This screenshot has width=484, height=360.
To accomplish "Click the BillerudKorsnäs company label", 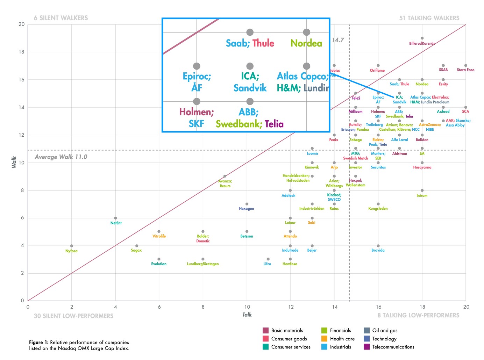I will click(422, 44).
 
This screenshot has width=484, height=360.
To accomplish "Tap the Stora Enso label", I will click(465, 70).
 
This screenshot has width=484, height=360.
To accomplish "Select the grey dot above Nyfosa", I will click(72, 246).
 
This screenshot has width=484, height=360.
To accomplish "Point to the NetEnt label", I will click(116, 223).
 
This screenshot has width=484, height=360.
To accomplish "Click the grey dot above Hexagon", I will click(247, 204).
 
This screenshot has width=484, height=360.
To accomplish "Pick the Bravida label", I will click(378, 250).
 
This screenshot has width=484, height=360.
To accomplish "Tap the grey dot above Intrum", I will click(422, 190).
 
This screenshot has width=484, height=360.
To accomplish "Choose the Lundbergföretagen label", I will click(203, 264).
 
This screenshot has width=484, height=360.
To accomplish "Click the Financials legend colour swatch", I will click(324, 330).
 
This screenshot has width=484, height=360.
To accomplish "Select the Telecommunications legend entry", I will click(393, 347).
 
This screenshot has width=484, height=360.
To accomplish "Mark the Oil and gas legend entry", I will click(385, 330).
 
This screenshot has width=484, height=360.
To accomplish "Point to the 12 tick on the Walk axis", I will click(22, 135).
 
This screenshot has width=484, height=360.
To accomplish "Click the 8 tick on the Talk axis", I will click(203, 307).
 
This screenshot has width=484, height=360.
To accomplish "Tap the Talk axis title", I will click(247, 315).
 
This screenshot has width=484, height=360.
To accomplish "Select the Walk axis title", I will click(14, 162).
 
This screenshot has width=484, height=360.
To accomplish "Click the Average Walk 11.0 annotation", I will click(61, 157).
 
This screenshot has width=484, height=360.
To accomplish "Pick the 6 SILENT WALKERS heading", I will click(61, 18).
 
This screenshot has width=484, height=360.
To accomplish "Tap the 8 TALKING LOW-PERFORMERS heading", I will click(418, 315).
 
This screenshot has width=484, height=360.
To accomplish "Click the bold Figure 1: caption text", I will click(39, 343).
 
